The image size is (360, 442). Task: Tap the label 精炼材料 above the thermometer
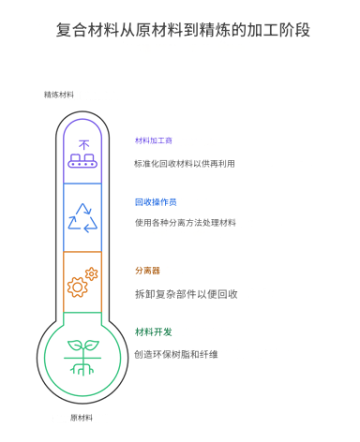tap(59, 95)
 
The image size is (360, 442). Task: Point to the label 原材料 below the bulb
tap(82, 417)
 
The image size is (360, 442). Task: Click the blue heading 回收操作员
tap(156, 201)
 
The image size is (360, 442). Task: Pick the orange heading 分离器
tap(147, 271)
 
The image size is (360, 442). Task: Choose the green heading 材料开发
tap(154, 331)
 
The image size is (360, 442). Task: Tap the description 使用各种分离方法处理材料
tap(186, 223)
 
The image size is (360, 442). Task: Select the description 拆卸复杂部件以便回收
tap(186, 293)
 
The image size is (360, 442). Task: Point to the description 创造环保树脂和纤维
tap(177, 354)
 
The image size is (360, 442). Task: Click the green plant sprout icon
tap(82, 356)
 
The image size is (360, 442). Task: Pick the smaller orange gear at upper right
tap(91, 273)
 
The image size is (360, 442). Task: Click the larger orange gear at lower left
tap(77, 287)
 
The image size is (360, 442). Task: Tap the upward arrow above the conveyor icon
tap(82, 143)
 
